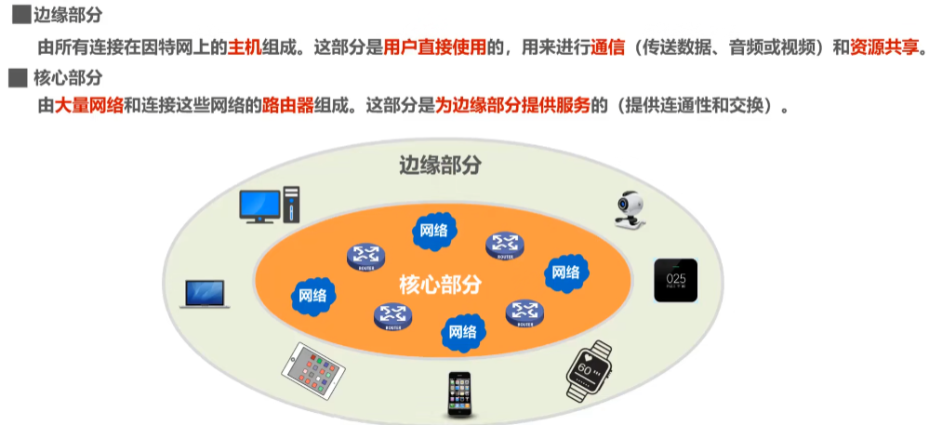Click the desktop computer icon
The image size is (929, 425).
point(270,205)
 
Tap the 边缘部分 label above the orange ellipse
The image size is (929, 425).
point(441,166)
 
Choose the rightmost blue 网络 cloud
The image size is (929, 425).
point(565,272)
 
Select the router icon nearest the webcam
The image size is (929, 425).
point(504,246)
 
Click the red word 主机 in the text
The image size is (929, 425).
point(243,48)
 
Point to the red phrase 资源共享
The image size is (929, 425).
point(883,48)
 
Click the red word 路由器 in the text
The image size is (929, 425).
point(289,105)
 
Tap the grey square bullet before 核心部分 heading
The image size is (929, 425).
point(15,77)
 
